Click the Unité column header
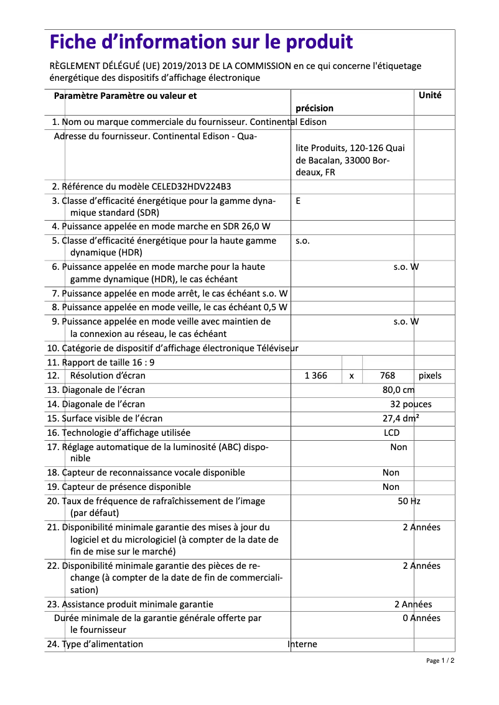pyautogui.click(x=430, y=96)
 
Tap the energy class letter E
pyautogui.click(x=299, y=201)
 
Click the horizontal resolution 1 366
pyautogui.click(x=315, y=376)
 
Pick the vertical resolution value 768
pyautogui.click(x=387, y=376)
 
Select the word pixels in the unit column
pyautogui.click(x=430, y=376)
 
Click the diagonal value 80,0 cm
pyautogui.click(x=398, y=390)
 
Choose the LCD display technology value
pyautogui.click(x=391, y=433)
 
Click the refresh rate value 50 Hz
pyautogui.click(x=409, y=501)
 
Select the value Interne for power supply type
pyautogui.click(x=302, y=644)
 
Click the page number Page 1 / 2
pyautogui.click(x=440, y=661)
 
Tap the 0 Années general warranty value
pyautogui.click(x=421, y=618)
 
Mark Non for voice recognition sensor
pyautogui.click(x=391, y=472)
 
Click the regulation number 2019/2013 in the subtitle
pyautogui.click(x=191, y=66)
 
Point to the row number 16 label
pyautogui.click(x=53, y=433)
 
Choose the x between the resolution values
pyautogui.click(x=352, y=376)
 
